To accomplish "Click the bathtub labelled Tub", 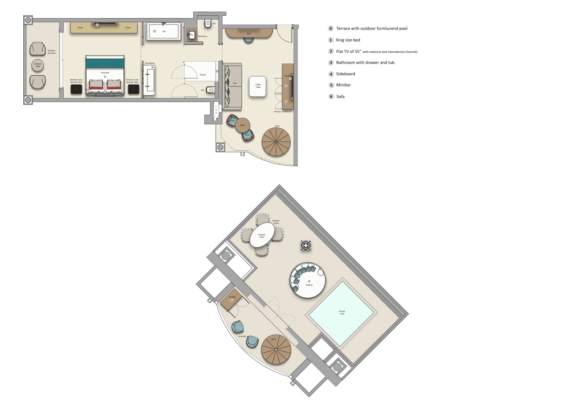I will point(163,31).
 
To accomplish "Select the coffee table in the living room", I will point(258,86).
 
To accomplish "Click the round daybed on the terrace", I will point(308,280).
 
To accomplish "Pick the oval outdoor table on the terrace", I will point(262,235).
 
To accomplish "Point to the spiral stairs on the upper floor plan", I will point(276,142).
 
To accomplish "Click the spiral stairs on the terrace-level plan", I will point(276,350).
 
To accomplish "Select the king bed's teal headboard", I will point(105,63).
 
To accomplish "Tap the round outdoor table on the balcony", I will point(38,65).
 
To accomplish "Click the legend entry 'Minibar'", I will point(343,85).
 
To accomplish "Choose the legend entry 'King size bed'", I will point(348,40).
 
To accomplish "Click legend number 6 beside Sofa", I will point(331,97).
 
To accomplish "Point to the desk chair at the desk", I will point(248,40).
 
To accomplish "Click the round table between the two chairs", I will point(242,125).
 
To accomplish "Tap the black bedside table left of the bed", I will point(76,89).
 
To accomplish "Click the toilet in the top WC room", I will point(208,24).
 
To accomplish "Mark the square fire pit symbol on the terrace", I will point(306,245).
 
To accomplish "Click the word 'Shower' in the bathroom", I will point(203,75).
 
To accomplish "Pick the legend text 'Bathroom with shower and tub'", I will point(365,63).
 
